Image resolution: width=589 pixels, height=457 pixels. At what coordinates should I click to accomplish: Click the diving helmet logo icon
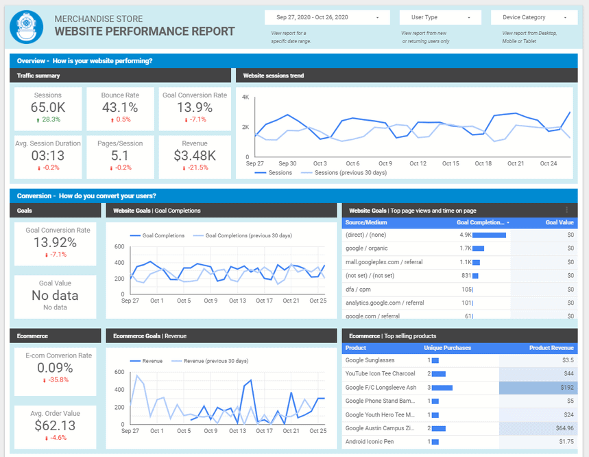tap(26, 25)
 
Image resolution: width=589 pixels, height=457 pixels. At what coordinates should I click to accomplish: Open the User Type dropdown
tap(440, 17)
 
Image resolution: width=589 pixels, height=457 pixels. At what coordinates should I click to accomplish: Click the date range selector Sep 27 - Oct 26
tap(327, 17)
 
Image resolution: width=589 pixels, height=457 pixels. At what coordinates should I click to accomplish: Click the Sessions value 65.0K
tap(47, 107)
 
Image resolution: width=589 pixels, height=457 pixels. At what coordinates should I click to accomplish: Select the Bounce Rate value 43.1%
tap(120, 107)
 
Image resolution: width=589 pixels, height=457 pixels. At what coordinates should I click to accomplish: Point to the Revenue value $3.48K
tap(195, 156)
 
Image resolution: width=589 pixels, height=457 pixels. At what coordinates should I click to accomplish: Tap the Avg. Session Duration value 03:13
tap(47, 156)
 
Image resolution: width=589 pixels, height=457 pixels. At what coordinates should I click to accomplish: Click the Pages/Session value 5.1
tap(120, 156)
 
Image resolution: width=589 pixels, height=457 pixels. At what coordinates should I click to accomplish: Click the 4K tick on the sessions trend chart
tap(245, 97)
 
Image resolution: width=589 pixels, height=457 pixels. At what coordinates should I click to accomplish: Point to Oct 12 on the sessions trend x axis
tap(418, 163)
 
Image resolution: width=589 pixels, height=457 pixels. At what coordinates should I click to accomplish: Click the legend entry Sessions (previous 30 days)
tap(350, 173)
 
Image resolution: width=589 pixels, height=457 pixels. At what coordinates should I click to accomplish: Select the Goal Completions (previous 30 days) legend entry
tap(248, 235)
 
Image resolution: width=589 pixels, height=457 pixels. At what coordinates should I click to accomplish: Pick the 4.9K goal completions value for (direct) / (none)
tap(466, 235)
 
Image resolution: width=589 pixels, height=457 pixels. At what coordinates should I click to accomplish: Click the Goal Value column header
tap(560, 222)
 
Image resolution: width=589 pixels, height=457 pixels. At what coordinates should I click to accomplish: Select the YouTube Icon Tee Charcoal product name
tap(380, 374)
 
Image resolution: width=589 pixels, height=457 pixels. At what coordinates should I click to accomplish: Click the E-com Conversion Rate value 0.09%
tap(55, 367)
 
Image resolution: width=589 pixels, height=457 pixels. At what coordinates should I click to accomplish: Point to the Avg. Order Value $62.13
tap(55, 425)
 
